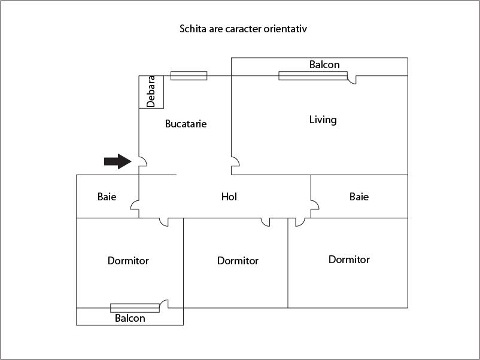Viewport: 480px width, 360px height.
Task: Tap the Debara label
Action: (x=151, y=91)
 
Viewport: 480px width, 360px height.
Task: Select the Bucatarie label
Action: (x=186, y=124)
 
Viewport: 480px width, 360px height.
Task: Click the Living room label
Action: (x=323, y=120)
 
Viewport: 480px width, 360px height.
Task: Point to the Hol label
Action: (x=229, y=196)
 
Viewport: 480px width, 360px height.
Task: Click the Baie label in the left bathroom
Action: (x=107, y=196)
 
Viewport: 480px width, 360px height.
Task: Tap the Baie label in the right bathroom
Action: (x=359, y=196)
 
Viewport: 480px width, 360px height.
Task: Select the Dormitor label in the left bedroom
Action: (x=128, y=261)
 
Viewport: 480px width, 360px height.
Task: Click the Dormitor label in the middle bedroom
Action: (x=238, y=261)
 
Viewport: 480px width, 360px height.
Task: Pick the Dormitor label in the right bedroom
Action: (x=349, y=260)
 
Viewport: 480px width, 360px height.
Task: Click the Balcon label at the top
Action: (x=324, y=65)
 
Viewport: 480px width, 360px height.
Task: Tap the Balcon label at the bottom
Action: (x=130, y=318)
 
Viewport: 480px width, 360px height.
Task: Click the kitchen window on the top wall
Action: (x=189, y=75)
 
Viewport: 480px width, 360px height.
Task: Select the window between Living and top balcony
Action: (x=312, y=75)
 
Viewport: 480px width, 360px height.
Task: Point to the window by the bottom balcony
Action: (x=135, y=307)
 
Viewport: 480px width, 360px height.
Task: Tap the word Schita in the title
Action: (x=192, y=28)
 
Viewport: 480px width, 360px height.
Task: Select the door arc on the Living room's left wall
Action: (x=235, y=161)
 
